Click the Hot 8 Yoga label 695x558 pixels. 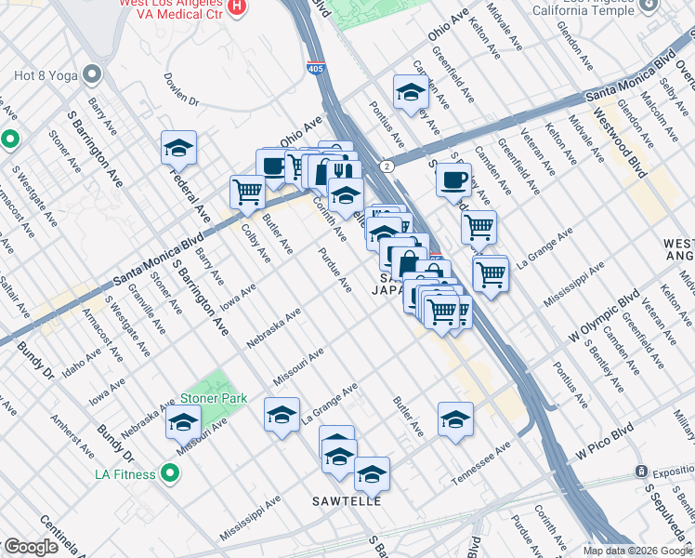44,73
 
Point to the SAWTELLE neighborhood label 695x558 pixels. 347,501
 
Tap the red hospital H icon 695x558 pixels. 237,7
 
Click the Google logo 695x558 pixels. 30,547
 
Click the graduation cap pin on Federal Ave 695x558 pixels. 179,147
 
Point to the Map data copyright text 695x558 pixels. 637,551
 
